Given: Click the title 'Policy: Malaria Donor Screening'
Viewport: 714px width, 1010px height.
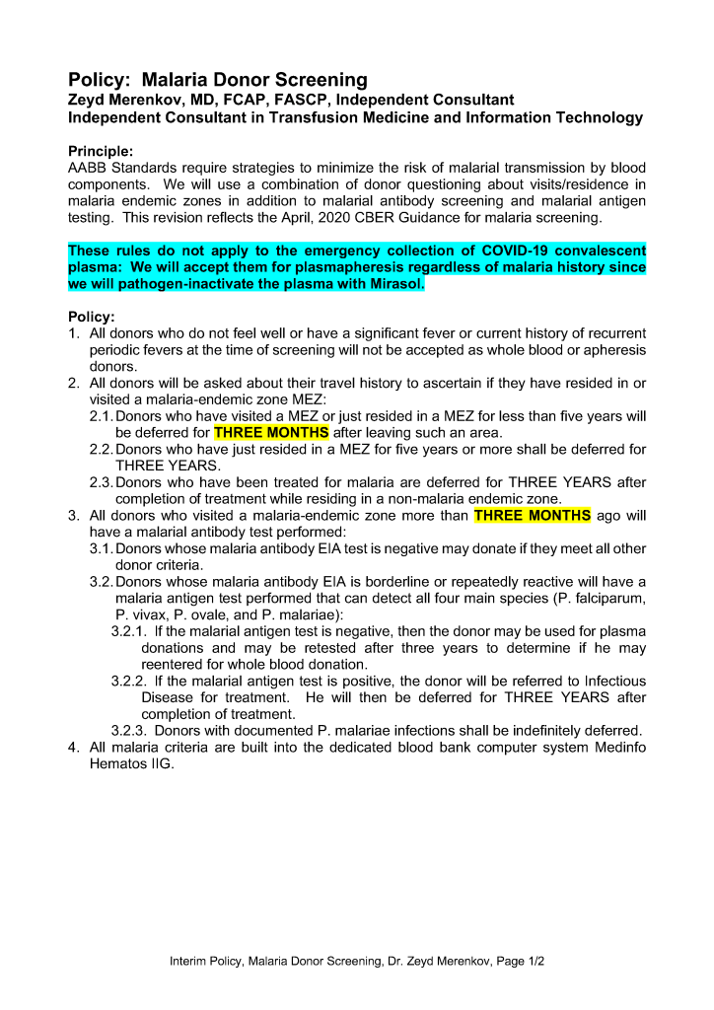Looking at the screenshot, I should [217, 80].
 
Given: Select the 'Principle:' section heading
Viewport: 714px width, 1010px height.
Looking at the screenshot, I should [100, 152].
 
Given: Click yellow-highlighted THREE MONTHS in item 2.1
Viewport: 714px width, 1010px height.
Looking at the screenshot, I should [271, 433].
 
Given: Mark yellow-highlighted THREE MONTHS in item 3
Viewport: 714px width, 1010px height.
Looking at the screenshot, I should [533, 515].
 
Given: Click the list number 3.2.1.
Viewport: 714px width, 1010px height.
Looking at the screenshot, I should [128, 631].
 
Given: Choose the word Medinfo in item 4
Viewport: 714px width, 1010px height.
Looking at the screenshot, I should [617, 748].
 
